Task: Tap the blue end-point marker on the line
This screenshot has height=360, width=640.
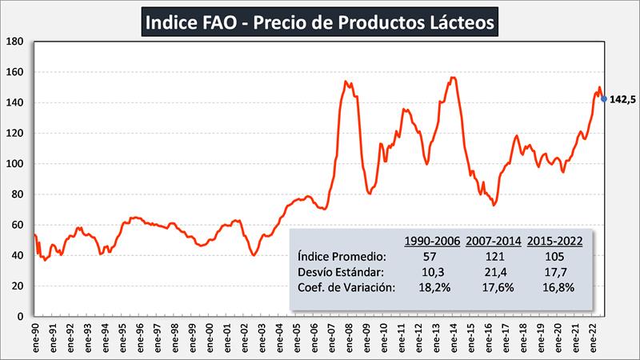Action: coord(603,99)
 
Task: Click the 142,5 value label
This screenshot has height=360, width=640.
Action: coord(622,100)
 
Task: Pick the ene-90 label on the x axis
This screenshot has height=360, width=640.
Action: coord(37,335)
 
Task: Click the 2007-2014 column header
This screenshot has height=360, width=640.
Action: coord(494,240)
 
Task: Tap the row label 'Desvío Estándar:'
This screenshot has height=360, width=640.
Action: coord(341,273)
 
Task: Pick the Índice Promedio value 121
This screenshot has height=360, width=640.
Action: coord(494,257)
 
